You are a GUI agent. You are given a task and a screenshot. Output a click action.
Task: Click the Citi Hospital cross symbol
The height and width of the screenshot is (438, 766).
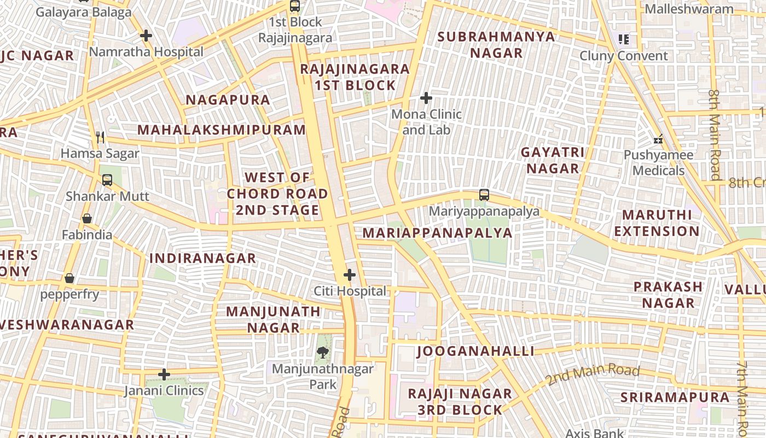(350, 275)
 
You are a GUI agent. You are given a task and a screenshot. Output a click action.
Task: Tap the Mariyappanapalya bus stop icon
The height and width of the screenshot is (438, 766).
(484, 195)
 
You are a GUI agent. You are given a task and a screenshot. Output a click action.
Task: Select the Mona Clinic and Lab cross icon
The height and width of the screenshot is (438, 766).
(426, 99)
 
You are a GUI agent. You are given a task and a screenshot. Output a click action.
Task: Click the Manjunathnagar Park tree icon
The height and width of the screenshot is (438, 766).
(323, 353)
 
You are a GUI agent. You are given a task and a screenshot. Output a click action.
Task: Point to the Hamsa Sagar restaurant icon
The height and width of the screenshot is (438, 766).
(100, 137)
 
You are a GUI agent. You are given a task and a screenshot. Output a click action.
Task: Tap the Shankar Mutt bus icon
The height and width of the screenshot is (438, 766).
(107, 180)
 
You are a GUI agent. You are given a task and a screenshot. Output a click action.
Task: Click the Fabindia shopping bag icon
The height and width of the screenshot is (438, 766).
(87, 219)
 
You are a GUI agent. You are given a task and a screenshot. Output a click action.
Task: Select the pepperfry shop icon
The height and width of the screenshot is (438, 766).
(69, 278)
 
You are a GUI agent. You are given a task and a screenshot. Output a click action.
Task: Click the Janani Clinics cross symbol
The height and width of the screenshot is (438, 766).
(164, 374)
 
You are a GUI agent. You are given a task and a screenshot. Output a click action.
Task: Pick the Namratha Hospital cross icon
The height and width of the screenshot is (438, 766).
(146, 36)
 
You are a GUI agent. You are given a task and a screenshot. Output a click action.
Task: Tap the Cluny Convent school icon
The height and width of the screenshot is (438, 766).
(623, 39)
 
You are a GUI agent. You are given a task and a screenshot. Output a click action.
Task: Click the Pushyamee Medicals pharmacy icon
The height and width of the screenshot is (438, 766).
(658, 139)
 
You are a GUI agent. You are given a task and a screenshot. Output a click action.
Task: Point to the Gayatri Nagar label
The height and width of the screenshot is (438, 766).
(553, 160)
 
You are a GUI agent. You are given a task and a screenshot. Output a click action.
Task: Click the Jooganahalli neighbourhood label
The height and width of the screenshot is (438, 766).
(475, 351)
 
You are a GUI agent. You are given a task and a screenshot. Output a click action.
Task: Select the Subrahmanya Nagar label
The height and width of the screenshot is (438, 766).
(496, 45)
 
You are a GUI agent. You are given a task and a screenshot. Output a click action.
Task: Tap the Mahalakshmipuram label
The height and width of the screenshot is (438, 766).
(222, 130)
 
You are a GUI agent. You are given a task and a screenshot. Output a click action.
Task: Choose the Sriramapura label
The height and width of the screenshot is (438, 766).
(675, 397)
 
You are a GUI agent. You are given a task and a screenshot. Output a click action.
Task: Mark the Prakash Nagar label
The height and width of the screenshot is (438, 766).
(668, 295)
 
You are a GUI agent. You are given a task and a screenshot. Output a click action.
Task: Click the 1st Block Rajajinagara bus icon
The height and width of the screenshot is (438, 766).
(295, 7)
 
